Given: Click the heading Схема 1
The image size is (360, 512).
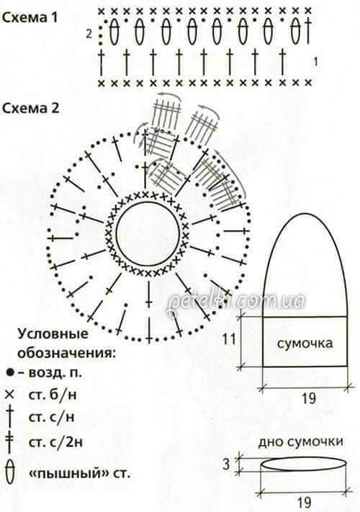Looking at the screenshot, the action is pos(30,17).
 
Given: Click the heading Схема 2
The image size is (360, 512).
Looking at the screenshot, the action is pos(31,108).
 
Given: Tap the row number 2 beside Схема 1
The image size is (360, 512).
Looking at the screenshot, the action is pos(89,34).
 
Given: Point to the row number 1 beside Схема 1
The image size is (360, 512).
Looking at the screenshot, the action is pos(315,62).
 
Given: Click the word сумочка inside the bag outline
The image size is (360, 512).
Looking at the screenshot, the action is pos(305,343).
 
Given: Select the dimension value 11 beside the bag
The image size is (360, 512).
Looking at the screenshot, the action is pos(229,339).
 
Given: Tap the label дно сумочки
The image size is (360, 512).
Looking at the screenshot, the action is pos(300,442).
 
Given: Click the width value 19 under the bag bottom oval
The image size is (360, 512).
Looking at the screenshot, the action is pos(305,502).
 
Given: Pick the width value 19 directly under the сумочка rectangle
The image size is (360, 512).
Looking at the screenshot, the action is pos(308,398).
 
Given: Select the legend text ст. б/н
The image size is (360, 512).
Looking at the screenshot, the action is pos(53,395).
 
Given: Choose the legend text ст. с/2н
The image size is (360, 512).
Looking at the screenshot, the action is pos(55,442).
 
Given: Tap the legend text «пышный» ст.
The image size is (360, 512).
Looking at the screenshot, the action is pos(80,473).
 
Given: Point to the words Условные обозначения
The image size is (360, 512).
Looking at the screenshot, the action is pos(66,343).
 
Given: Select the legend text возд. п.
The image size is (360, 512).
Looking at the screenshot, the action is pos(55,372).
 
